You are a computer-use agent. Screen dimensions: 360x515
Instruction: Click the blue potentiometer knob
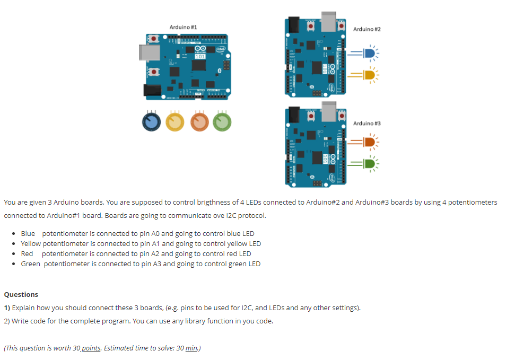pyautogui.click(x=151, y=122)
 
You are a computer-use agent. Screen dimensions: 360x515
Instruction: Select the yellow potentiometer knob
pyautogui.click(x=176, y=122)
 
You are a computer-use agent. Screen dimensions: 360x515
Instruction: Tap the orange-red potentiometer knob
pyautogui.click(x=200, y=122)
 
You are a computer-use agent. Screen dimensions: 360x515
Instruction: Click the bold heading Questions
pyautogui.click(x=21, y=294)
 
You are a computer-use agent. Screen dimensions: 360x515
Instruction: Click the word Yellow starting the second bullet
pyautogui.click(x=31, y=243)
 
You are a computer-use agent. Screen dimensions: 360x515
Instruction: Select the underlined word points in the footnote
pyautogui.click(x=91, y=348)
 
